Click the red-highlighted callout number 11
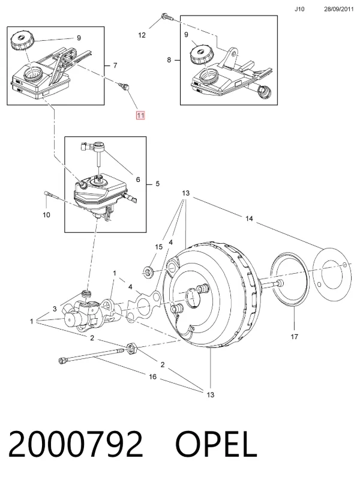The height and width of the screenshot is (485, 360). [x=140, y=115]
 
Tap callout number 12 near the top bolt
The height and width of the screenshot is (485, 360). [x=142, y=35]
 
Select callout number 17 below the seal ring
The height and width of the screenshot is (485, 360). [x=294, y=337]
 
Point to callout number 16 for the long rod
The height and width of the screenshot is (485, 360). [x=153, y=377]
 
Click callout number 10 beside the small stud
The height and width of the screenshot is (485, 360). [x=46, y=215]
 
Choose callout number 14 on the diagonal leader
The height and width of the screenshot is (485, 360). [x=249, y=218]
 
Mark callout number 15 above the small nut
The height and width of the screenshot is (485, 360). [x=158, y=247]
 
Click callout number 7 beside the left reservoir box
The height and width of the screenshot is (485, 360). [x=115, y=65]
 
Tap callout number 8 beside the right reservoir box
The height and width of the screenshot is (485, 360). [x=169, y=59]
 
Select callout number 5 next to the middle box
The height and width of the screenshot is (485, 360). [x=157, y=184]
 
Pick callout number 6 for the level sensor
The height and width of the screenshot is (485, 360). [x=138, y=179]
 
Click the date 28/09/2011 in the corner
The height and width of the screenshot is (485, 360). [x=338, y=9]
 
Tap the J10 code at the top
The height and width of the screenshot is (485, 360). [x=299, y=9]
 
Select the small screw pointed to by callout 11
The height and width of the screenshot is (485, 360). [x=124, y=86]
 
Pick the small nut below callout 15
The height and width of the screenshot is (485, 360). [x=148, y=271]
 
